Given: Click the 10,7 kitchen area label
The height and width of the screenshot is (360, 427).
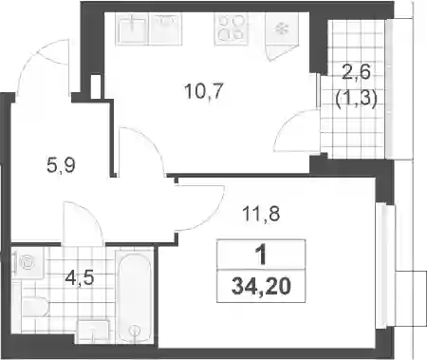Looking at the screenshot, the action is tap(204, 91).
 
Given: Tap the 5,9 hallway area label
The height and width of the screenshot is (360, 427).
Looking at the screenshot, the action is tap(61, 165).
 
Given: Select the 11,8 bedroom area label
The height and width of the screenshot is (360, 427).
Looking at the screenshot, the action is tap(261, 214).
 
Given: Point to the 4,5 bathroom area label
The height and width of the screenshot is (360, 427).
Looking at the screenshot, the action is tap(80, 278).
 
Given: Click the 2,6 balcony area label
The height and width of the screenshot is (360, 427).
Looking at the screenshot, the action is tap(356, 73).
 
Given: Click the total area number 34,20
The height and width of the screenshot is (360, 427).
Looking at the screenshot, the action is tap(261, 287).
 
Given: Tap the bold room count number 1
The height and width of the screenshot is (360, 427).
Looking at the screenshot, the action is tap(261, 256).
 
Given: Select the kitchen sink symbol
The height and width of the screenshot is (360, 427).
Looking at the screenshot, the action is tap(133, 29).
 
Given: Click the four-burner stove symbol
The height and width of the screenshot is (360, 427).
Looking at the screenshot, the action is tap(231, 28).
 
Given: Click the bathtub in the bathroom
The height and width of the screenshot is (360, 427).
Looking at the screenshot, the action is tap(136, 297).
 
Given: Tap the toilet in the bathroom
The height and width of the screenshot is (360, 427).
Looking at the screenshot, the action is tap(35, 307).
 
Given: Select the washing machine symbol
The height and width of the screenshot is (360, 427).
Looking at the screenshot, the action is tap(28, 263).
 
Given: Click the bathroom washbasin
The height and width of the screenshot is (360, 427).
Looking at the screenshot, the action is tap(94, 332).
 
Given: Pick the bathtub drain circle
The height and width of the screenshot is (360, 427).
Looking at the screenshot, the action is tap(136, 331).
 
